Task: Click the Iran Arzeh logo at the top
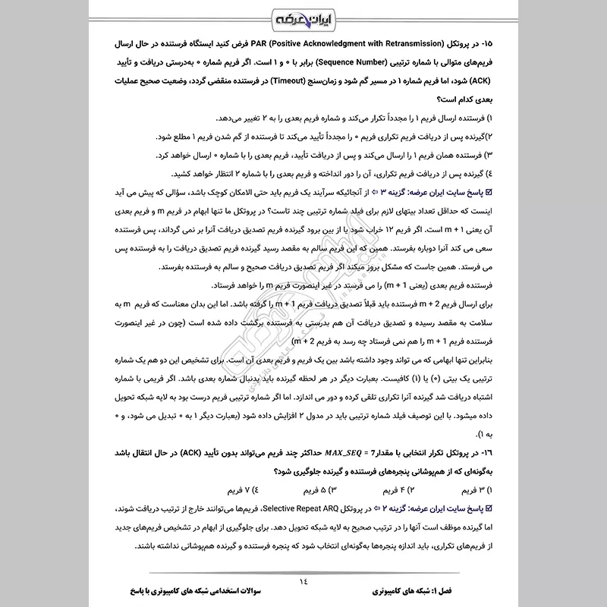point(304,17)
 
